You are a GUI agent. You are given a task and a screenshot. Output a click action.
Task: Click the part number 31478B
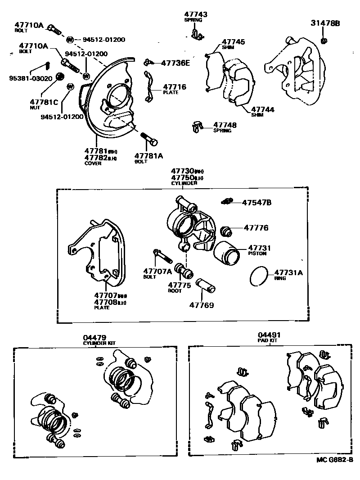click(325, 23)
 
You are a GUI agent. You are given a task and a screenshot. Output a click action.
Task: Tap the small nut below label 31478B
click(324, 41)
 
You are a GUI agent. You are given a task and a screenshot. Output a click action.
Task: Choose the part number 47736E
click(175, 63)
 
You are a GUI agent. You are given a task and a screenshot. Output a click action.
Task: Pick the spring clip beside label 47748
click(196, 127)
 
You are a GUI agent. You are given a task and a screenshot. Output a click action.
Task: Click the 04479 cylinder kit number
click(94, 337)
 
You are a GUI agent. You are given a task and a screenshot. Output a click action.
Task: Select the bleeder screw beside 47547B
click(228, 201)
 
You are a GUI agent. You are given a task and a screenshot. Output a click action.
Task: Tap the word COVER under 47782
click(93, 163)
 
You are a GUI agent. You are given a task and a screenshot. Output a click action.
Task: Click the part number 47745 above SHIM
click(234, 42)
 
